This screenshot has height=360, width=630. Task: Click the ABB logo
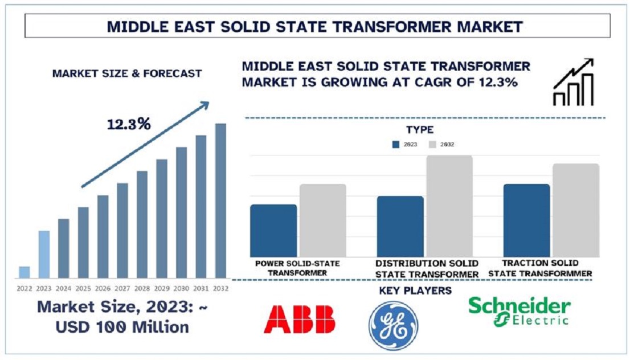coord(299,320)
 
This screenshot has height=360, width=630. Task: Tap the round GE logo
coord(394,325)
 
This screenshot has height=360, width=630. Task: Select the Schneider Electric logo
coord(519,312)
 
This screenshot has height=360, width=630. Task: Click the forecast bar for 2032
coord(220,201)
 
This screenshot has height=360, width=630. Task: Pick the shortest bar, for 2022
coord(24,272)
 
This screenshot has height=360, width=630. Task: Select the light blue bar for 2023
coord(44,254)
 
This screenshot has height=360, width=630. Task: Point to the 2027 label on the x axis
coord(122,288)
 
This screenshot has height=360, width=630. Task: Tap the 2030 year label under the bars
coord(181,288)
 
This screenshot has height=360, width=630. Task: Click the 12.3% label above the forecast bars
coord(129,124)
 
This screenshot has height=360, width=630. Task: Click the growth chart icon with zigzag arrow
coord(574,82)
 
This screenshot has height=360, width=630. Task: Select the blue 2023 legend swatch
coord(396,145)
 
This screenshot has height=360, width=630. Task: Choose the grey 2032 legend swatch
coord(432,145)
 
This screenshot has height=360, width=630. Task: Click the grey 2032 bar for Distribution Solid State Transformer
coord(449,206)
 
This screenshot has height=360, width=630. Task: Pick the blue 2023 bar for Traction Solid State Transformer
coord(526,220)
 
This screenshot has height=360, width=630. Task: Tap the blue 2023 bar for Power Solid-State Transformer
coord(273,231)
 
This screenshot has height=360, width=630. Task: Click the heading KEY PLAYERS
coord(415,291)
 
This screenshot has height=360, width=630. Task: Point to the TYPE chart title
coord(419,130)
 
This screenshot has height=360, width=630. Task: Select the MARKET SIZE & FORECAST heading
coord(127,73)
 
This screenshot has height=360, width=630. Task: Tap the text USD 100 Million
coord(122,327)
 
